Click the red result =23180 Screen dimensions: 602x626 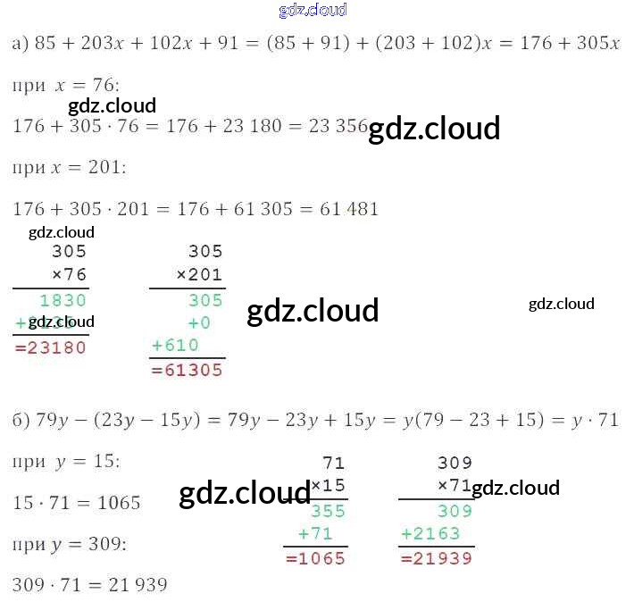coord(51,347)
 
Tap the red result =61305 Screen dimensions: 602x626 coord(187,369)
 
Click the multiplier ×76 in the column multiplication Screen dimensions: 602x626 coord(69,274)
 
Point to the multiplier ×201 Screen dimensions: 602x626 coord(199,274)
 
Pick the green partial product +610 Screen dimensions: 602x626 coord(176,345)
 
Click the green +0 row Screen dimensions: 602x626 coord(198,322)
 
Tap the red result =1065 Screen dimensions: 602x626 coord(315,558)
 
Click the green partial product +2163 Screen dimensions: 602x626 coord(430,533)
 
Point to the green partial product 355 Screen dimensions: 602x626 coord(327,512)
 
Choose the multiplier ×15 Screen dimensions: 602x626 coord(327,486)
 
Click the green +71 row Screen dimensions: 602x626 coord(315,533)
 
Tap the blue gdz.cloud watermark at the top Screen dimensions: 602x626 coord(313,11)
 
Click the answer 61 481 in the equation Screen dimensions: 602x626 coord(349,209)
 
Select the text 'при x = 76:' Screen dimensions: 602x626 coord(66,86)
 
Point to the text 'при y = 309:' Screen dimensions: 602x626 coord(70,544)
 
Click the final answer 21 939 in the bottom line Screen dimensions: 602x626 coord(138,585)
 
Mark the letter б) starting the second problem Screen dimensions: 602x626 coord(21,420)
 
